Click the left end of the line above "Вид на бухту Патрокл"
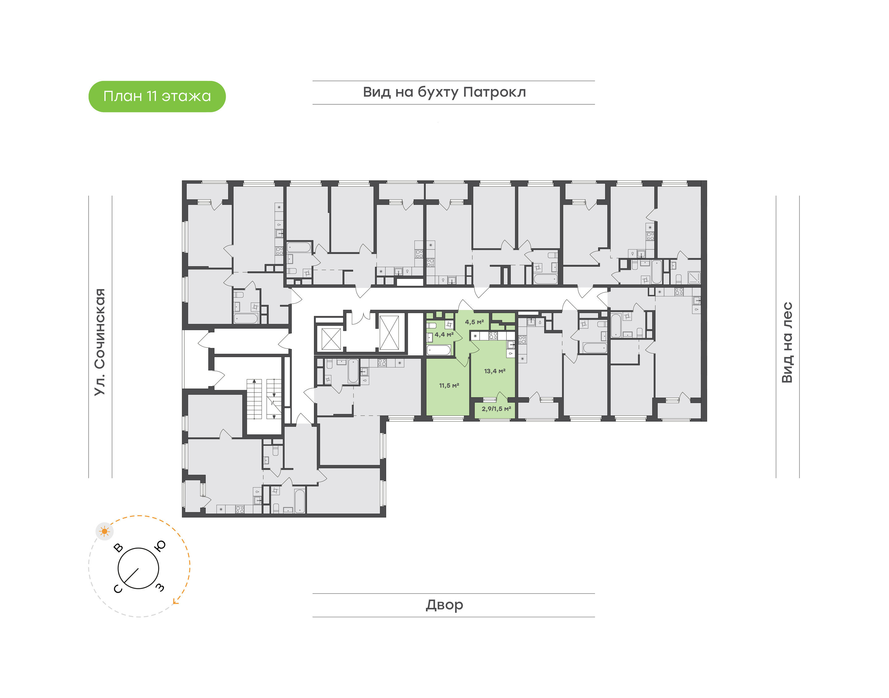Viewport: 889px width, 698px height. [x=313, y=81]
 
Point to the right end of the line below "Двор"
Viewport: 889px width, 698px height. [x=595, y=617]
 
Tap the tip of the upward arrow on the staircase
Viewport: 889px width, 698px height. [x=254, y=380]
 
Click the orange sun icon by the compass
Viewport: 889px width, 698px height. [x=105, y=531]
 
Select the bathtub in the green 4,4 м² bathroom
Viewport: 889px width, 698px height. [x=439, y=350]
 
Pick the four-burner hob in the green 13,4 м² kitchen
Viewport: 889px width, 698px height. [x=493, y=336]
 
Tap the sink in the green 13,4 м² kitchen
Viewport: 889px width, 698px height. [x=511, y=345]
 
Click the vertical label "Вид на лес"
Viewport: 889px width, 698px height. [x=787, y=343]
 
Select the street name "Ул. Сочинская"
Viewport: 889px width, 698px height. [x=100, y=342]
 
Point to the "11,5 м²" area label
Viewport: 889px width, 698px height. [x=449, y=385]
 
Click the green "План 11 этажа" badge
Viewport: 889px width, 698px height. [x=157, y=96]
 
